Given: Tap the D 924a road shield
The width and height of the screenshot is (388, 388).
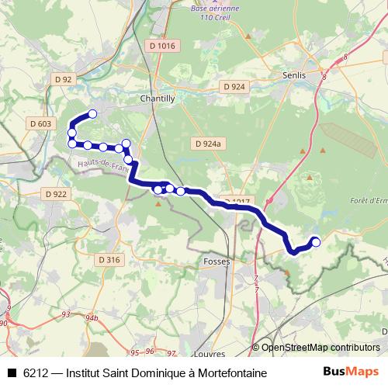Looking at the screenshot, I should [208, 144].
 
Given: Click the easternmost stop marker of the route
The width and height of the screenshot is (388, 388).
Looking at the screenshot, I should [316, 242].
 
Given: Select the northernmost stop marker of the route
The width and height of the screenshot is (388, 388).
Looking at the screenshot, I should [92, 114].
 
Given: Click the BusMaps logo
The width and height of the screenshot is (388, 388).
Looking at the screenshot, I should [352, 372].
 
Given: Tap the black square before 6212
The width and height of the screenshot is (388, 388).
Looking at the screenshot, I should [12, 373].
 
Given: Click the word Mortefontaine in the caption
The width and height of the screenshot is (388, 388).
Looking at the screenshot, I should [230, 373].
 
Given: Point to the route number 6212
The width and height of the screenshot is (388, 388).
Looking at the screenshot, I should [36, 373].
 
